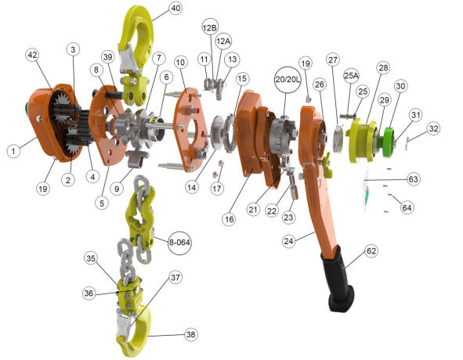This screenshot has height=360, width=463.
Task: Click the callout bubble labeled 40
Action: click(175, 9)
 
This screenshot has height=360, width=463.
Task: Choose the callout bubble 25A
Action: click(352, 75)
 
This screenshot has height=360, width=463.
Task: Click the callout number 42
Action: click(32, 56)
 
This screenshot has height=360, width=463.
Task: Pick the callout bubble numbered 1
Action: click(13, 151)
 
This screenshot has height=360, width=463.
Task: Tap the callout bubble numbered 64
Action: click(407, 207)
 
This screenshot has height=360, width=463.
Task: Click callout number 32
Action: click(433, 128)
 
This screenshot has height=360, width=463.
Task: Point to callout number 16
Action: click(228, 220)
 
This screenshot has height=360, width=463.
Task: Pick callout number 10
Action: click(180, 62)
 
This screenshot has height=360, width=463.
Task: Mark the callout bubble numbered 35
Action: click(92, 257)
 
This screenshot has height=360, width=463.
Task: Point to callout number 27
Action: click(333, 59)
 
